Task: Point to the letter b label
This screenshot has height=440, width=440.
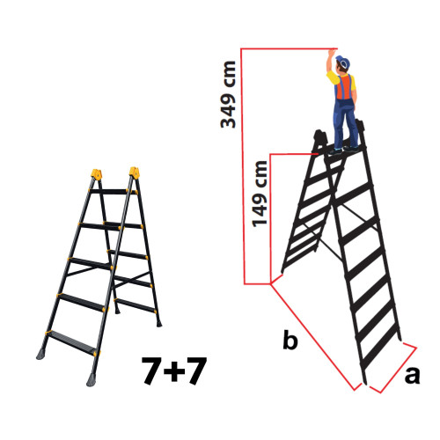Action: pyautogui.click(x=291, y=341)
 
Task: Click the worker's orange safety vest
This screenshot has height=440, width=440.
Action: pyautogui.click(x=346, y=87)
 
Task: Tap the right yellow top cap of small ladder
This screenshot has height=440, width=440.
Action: pyautogui.click(x=135, y=172)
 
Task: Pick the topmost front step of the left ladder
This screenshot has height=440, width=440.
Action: pyautogui.click(x=112, y=191)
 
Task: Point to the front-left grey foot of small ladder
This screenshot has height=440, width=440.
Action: pyautogui.click(x=42, y=354)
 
